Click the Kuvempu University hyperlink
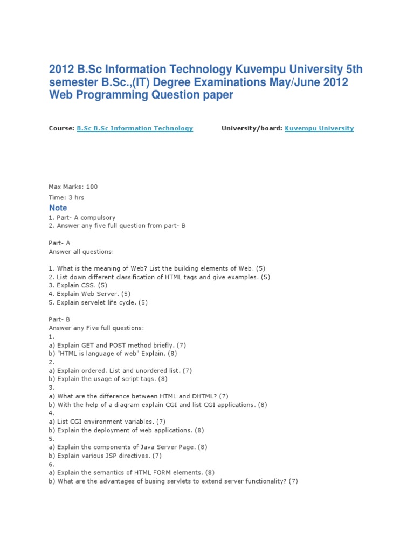pyautogui.click(x=319, y=128)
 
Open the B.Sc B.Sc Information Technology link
pyautogui.click(x=135, y=128)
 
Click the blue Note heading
pyautogui.click(x=58, y=208)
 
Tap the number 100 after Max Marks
pyautogui.click(x=92, y=187)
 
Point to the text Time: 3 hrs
pyautogui.click(x=66, y=197)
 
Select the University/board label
pyautogui.click(x=251, y=128)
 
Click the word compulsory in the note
pyautogui.click(x=97, y=217)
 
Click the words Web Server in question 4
pyautogui.click(x=100, y=294)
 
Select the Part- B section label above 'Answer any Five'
pyautogui.click(x=60, y=319)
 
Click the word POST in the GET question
pyautogui.click(x=114, y=345)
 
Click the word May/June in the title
pyautogui.click(x=292, y=82)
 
